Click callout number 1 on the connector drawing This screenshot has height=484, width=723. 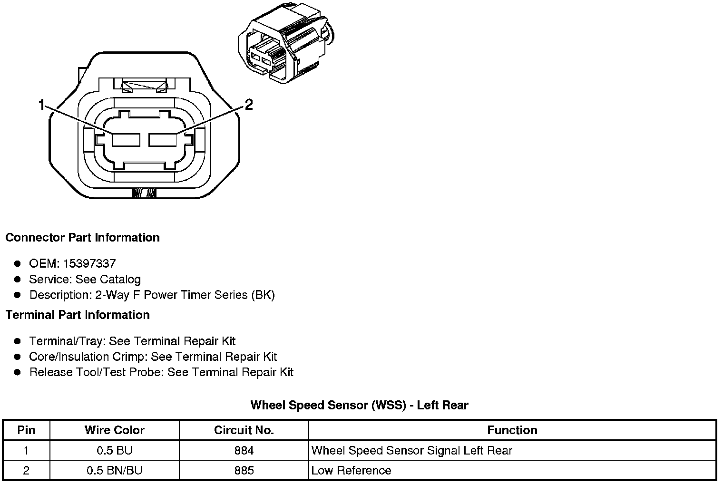42,105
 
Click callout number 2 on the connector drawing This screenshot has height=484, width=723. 248,105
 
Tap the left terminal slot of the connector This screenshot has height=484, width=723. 126,140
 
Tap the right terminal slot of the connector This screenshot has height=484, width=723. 163,140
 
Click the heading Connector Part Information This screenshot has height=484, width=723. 82,237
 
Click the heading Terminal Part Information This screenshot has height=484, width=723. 78,315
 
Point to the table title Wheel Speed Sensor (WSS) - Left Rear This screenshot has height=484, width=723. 359,405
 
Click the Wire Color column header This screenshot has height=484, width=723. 114,430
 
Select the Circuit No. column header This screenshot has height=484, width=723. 244,430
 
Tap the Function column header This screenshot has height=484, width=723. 512,430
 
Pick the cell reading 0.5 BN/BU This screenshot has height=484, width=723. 114,471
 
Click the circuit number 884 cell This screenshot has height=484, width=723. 244,450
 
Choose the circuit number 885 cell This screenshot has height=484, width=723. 244,471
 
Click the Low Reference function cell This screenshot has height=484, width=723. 351,471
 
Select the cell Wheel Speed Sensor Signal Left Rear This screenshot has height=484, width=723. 411,450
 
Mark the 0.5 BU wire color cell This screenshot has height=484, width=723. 114,450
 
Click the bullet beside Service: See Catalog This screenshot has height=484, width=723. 18,279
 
